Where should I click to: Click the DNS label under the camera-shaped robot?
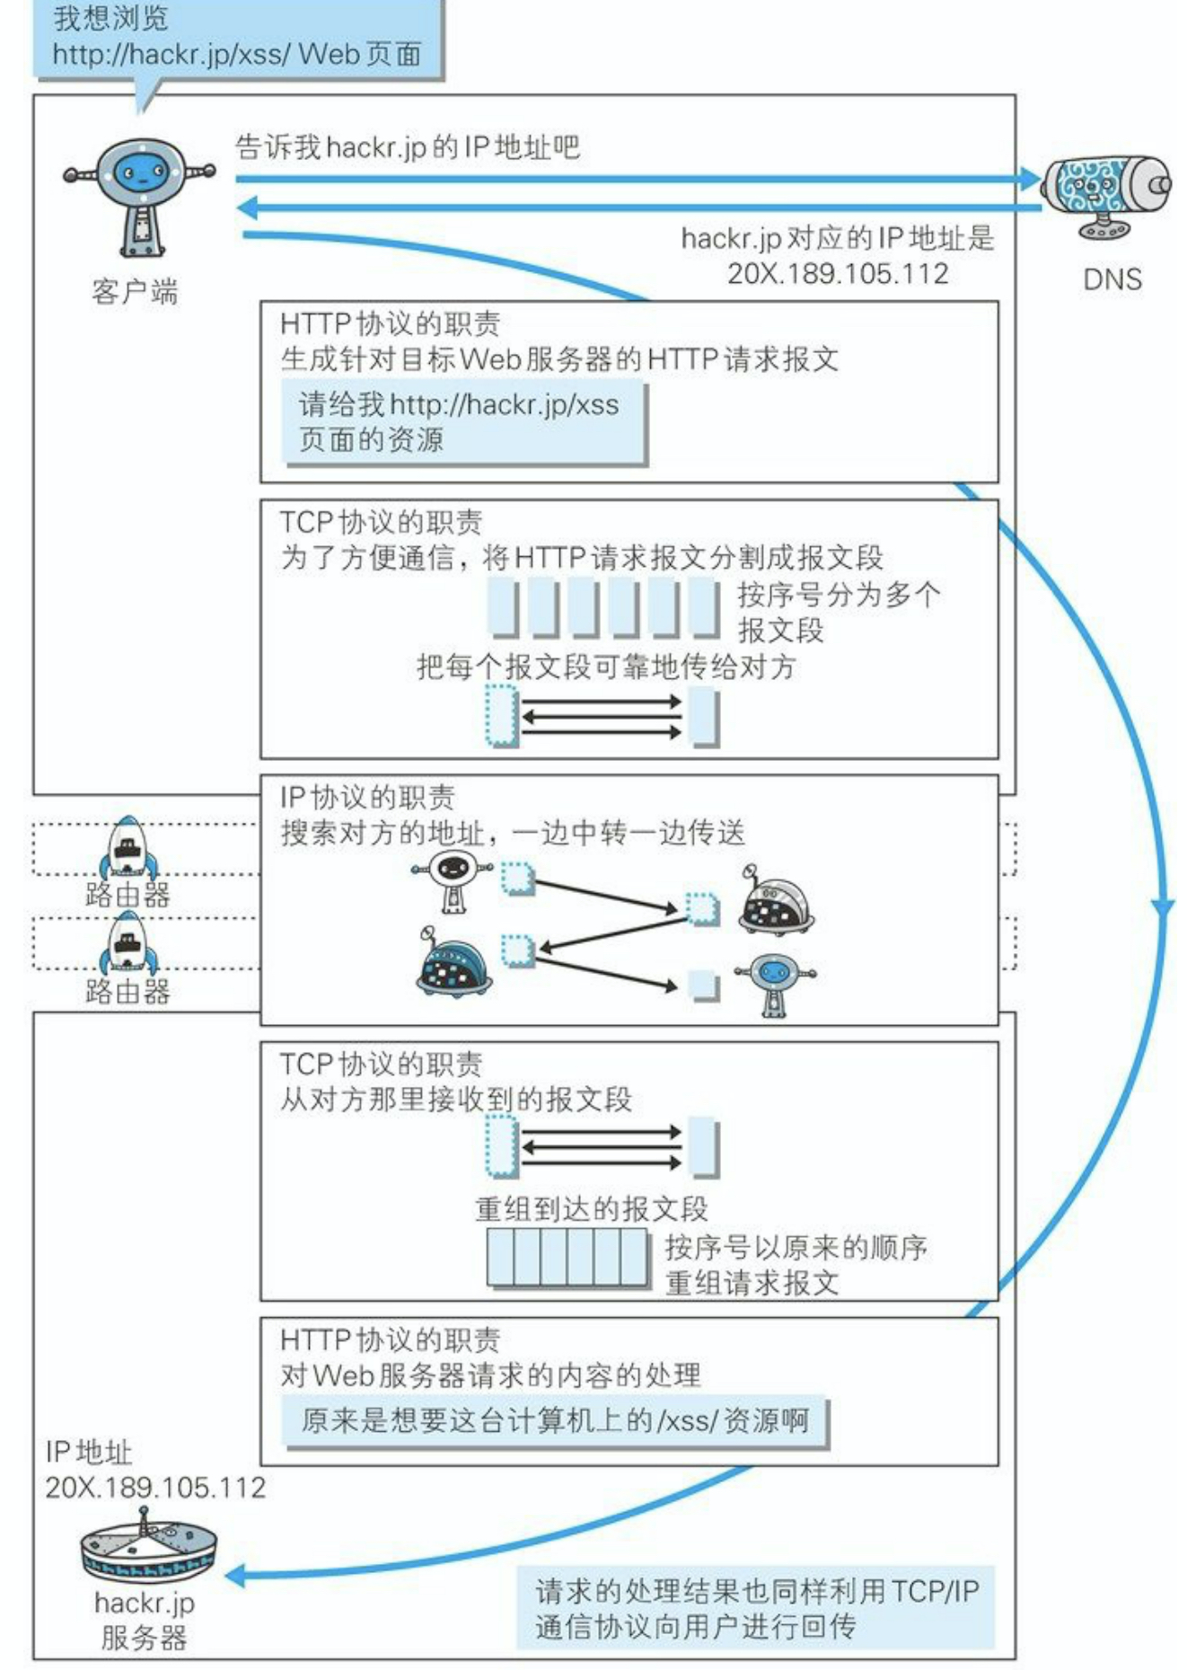pos(1112,279)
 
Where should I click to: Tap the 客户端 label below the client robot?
pos(135,292)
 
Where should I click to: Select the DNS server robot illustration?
pos(1106,195)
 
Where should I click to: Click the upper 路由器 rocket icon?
pos(128,847)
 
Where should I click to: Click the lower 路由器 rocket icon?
pos(128,943)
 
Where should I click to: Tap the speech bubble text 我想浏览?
pos(110,18)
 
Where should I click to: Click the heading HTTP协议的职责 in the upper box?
pos(390,323)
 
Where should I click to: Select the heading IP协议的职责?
pos(367,797)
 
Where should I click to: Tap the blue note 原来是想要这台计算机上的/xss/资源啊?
pos(554,1420)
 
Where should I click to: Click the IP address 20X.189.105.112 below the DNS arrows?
pos(837,273)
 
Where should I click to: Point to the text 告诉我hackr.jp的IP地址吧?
pos(407,146)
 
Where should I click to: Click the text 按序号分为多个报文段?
pos(838,612)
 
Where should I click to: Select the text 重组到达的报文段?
pos(591,1209)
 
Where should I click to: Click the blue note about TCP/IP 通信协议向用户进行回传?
pos(756,1608)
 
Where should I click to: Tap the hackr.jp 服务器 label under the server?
pos(144,1620)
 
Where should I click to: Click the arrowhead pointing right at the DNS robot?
pos(1029,179)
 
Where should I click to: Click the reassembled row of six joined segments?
pos(567,1257)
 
